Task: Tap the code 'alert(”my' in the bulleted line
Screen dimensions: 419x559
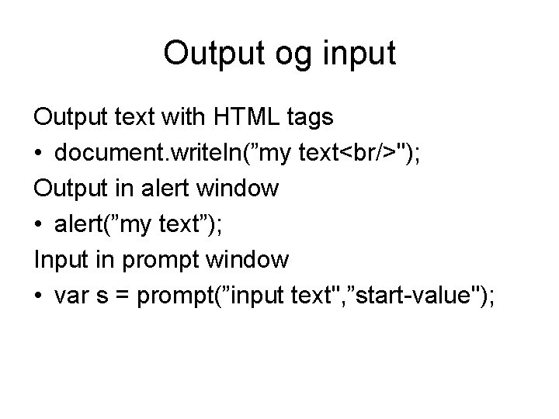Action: click(98, 225)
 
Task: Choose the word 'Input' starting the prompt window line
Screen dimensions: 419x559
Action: click(55, 261)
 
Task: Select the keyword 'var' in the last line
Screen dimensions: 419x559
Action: click(71, 297)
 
